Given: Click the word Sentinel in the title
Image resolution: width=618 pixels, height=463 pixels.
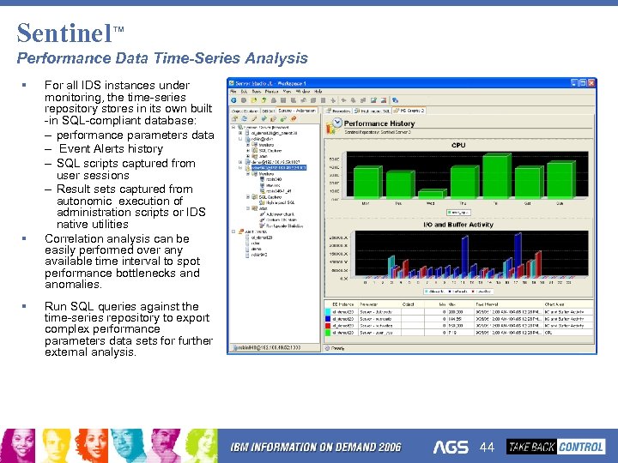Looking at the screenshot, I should pos(64,33).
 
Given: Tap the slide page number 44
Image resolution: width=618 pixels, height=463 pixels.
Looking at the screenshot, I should pos(488,448).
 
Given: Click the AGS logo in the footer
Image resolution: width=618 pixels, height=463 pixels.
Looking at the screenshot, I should pos(451,448).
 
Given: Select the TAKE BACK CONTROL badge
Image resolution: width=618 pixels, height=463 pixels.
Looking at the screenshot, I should pos(555,447).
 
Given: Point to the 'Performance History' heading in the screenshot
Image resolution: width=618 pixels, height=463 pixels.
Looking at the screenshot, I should pos(379,123).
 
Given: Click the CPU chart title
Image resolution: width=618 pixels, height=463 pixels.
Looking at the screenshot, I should pos(458,145).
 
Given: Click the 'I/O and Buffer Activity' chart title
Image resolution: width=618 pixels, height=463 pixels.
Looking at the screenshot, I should pos(458,225).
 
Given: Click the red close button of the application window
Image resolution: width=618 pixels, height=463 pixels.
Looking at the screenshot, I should pos(589,82).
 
